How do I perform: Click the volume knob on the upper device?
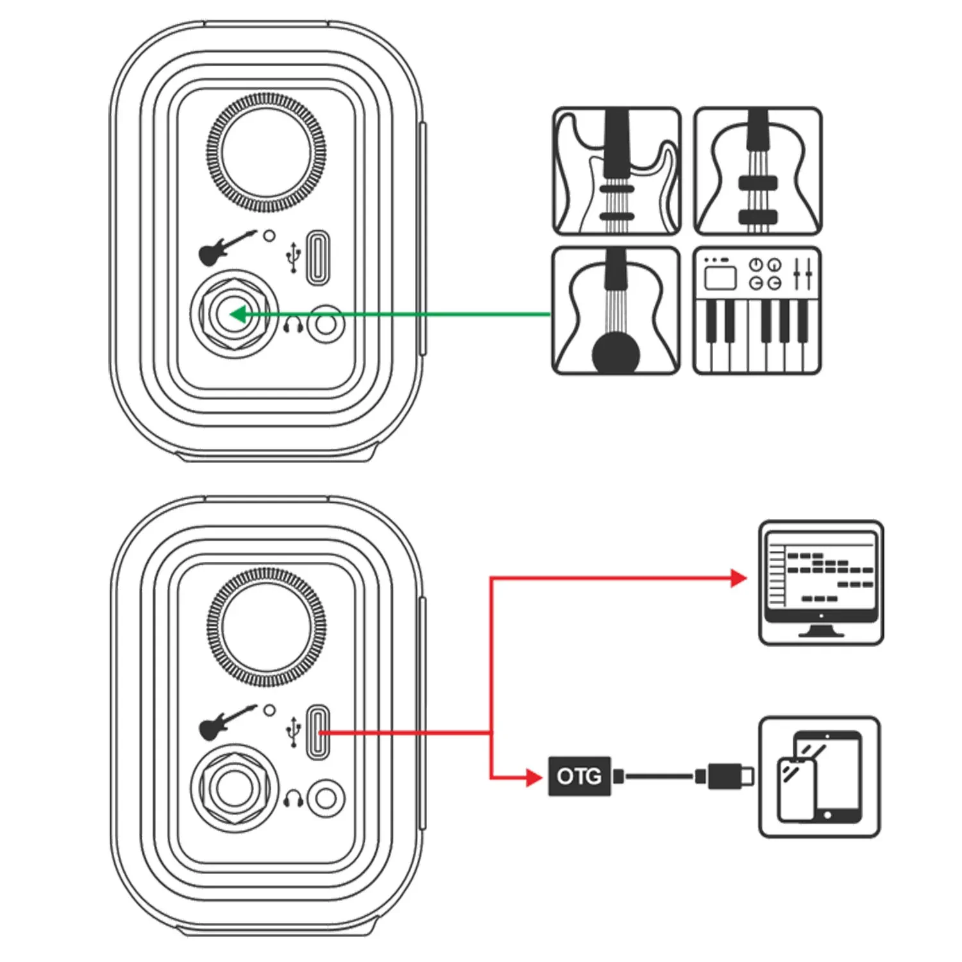point(266,153)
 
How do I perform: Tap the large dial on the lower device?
point(266,627)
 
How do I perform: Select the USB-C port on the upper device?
point(317,257)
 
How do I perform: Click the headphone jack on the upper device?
point(326,324)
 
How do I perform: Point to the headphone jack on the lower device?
point(326,798)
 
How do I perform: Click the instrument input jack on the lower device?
point(235,789)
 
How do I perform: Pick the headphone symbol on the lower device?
point(294,800)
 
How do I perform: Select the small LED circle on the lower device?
point(270,711)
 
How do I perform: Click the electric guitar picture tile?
point(616,171)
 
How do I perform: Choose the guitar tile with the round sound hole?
point(616,310)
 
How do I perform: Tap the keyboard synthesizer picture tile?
point(757,310)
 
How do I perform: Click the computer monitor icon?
point(821,583)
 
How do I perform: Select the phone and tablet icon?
point(819,777)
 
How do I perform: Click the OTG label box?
point(578,777)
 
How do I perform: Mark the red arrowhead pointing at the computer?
point(739,578)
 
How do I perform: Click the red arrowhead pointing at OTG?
point(534,777)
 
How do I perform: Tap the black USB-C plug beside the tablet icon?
point(728,777)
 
